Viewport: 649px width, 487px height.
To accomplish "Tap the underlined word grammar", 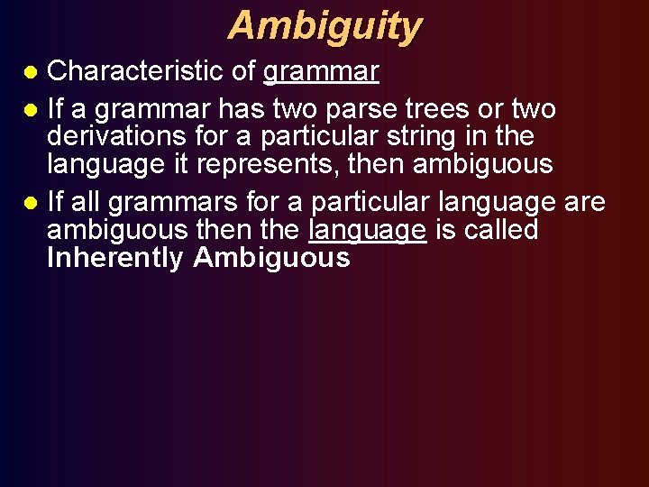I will click(321, 71).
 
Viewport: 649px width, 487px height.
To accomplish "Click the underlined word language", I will click(367, 231).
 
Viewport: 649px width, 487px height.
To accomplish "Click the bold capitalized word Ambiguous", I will click(271, 259).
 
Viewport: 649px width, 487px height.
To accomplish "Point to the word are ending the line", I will click(585, 203).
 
